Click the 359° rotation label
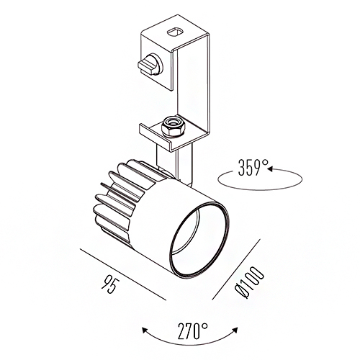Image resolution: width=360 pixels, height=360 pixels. tap(253, 167)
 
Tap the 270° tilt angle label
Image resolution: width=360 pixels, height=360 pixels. tap(193, 331)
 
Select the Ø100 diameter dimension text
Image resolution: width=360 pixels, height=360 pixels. tap(249, 283)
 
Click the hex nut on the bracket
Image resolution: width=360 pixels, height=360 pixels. tap(171, 127)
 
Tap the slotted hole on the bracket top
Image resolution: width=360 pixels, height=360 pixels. tap(175, 32)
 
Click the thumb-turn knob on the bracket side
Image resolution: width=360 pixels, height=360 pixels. tap(150, 64)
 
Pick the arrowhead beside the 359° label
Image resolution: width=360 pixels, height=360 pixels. tap(271, 168)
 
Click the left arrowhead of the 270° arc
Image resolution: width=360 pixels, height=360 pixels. tap(145, 330)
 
